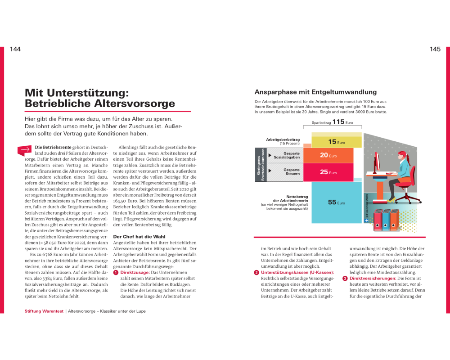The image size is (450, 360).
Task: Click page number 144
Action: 15,49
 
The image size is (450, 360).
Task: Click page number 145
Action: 435,49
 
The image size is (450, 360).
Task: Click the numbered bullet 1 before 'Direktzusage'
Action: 116,273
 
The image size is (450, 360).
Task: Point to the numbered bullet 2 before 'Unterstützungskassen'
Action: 256,273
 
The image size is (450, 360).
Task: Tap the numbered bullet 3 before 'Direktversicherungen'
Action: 345,279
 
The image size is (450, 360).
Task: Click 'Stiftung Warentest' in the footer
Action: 44,311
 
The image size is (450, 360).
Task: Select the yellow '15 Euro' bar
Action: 337,142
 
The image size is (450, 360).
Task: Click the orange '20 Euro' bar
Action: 333,155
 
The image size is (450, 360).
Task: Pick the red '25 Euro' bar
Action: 333,172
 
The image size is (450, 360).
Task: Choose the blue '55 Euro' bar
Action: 336,202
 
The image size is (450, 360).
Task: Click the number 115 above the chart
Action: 338,122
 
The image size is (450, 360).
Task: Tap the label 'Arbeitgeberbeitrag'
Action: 283,140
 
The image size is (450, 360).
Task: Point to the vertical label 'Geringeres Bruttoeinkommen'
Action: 261,165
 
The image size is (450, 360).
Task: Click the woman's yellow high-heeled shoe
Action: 392,199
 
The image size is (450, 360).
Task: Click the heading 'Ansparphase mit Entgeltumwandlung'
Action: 315,92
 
